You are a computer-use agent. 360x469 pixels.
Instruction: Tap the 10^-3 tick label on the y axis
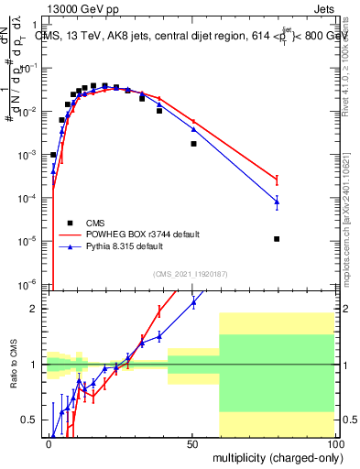click(x=31, y=155)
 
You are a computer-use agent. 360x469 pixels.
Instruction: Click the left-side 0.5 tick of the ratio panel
click(x=37, y=420)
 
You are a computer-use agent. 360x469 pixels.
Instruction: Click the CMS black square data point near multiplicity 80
click(x=277, y=239)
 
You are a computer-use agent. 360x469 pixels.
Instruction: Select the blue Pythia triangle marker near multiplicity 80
click(x=277, y=202)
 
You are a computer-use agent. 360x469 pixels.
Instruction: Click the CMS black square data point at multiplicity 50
click(x=193, y=144)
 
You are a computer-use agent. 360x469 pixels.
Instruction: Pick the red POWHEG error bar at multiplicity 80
click(x=277, y=180)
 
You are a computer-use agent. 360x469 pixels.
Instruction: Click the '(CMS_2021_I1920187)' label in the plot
click(x=190, y=273)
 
